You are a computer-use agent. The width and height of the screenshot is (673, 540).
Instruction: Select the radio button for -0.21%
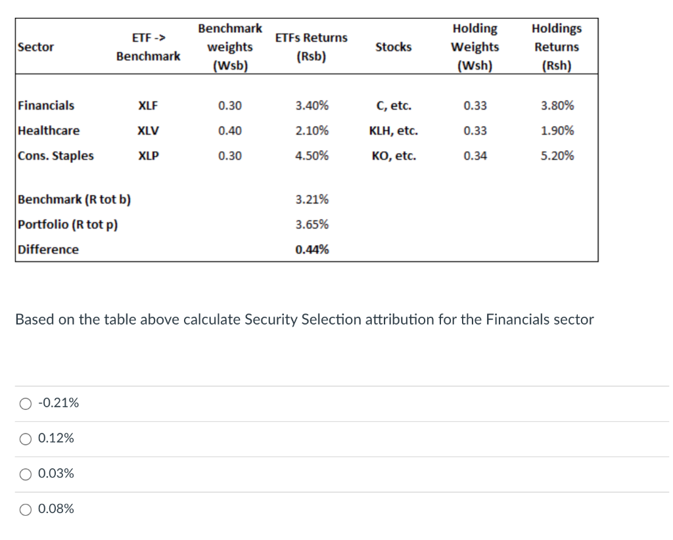[x=25, y=403]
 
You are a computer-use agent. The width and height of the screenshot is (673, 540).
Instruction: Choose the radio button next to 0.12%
[x=25, y=438]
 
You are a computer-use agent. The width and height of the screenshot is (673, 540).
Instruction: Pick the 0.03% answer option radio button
[x=25, y=474]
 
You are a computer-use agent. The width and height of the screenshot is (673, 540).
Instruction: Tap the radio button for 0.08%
[x=25, y=509]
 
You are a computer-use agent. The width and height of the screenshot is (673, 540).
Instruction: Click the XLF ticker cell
[x=148, y=106]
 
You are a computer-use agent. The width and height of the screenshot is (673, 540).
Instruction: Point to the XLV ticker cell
[x=148, y=131]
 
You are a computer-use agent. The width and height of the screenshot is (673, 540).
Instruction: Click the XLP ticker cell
[x=148, y=156]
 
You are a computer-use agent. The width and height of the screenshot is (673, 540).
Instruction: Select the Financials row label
[x=46, y=106]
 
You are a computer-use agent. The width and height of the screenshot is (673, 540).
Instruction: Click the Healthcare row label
[x=49, y=131]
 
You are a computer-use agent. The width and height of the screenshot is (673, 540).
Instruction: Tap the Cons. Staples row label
[x=56, y=156]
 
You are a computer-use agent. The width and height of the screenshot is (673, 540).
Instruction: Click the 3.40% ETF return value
[x=312, y=106]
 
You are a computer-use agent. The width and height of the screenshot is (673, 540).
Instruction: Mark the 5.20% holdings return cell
[x=557, y=156]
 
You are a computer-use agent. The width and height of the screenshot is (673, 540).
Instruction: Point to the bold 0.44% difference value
[x=312, y=250]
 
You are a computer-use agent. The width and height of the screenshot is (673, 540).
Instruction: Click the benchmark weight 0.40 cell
[x=229, y=131]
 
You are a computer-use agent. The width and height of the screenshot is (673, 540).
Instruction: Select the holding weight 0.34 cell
[x=475, y=156]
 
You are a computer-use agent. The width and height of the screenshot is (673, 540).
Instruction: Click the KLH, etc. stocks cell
[x=394, y=131]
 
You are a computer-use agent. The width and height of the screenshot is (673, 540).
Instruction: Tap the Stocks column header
[x=393, y=47]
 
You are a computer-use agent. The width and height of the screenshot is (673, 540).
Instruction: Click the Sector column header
[x=36, y=47]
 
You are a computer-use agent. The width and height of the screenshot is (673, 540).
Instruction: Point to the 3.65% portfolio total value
[x=312, y=225]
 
